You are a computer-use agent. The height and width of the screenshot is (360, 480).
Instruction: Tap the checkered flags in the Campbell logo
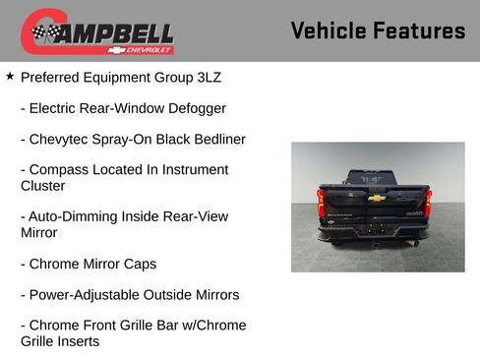tap(45, 33)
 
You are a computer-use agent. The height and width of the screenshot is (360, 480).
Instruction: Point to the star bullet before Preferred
tap(10, 75)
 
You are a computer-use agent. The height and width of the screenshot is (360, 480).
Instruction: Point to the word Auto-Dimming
tap(76, 216)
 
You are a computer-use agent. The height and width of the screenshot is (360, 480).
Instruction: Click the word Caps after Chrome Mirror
tap(138, 264)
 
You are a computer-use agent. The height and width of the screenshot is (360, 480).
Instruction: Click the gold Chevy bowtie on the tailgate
tap(376, 198)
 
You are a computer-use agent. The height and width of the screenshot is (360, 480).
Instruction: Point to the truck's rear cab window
tap(376, 179)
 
